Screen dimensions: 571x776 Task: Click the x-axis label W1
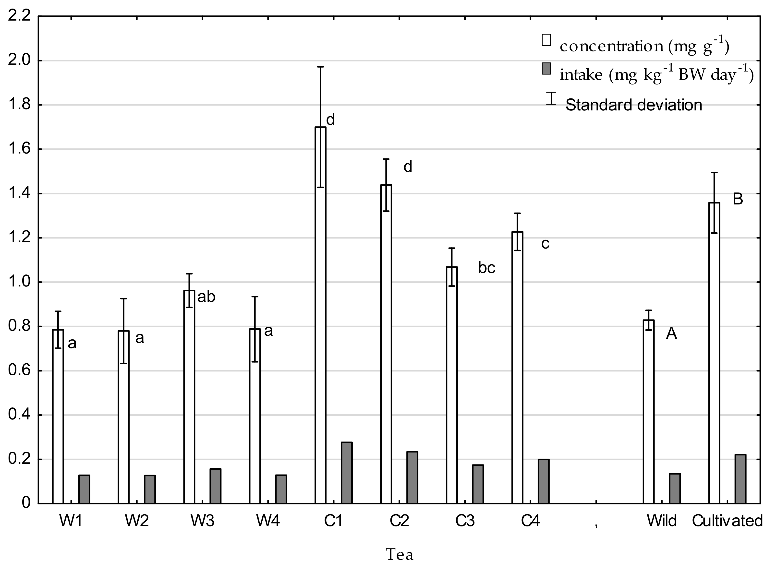pyautogui.click(x=71, y=521)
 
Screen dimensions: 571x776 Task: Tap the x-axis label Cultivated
pyautogui.click(x=727, y=521)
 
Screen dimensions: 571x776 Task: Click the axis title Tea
pyautogui.click(x=400, y=555)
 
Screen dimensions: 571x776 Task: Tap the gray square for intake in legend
pyautogui.click(x=546, y=69)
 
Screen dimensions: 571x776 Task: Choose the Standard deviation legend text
pyautogui.click(x=633, y=105)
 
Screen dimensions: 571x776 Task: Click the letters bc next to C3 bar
pyautogui.click(x=486, y=268)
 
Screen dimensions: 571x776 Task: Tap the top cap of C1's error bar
pyautogui.click(x=321, y=67)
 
